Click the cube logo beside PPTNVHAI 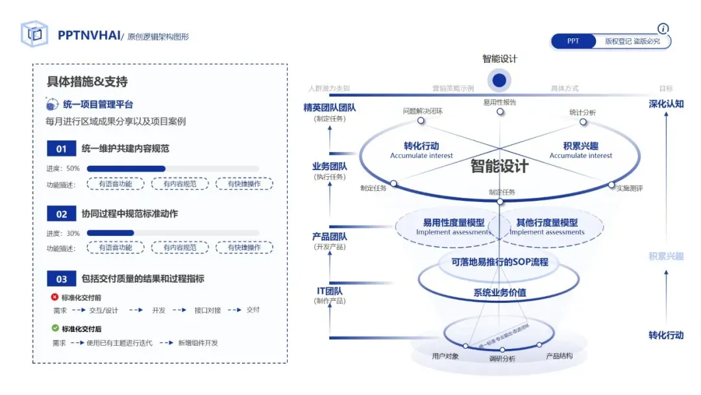34,34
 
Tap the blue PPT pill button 573,41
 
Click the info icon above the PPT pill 663,29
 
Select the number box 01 62,149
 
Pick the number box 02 62,214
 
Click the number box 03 62,279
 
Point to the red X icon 55,297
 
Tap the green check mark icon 55,329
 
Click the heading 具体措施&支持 87,82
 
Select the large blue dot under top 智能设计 499,80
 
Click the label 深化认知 666,104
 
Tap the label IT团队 330,291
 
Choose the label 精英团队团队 330,108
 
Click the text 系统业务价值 499,293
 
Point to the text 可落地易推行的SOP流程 500,262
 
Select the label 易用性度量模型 454,223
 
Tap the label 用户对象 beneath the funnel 445,356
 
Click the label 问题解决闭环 423,111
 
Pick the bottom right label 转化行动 666,335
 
